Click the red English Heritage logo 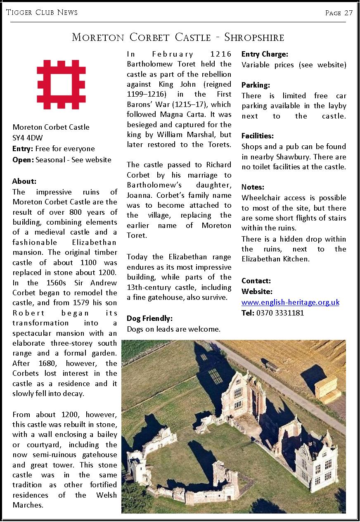[61, 84]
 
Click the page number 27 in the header [348, 13]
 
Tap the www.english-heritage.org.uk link [290, 302]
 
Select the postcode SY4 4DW [28, 138]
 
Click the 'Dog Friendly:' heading [149, 318]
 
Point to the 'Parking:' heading [256, 85]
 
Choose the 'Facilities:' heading [258, 136]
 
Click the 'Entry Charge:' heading [265, 54]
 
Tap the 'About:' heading [24, 181]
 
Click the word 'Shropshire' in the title [254, 38]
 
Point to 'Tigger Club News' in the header [42, 12]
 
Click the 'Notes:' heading [253, 187]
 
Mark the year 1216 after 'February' [221, 54]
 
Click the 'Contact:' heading [256, 281]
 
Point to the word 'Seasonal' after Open [51, 159]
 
